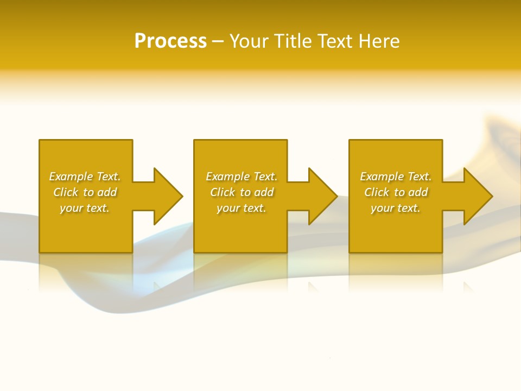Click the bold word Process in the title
coord(170,41)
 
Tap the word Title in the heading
coord(292,41)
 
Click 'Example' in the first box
coord(71,176)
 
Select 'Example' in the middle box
coord(227,176)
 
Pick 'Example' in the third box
coord(382,176)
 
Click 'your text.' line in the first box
coord(85,208)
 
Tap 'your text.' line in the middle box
coord(242,208)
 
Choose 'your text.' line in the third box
coord(396,208)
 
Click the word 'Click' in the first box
coord(66,192)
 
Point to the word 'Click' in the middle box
coord(223,192)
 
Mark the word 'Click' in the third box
coord(377,192)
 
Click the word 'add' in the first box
coord(107,192)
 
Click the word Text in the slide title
coord(335,41)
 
